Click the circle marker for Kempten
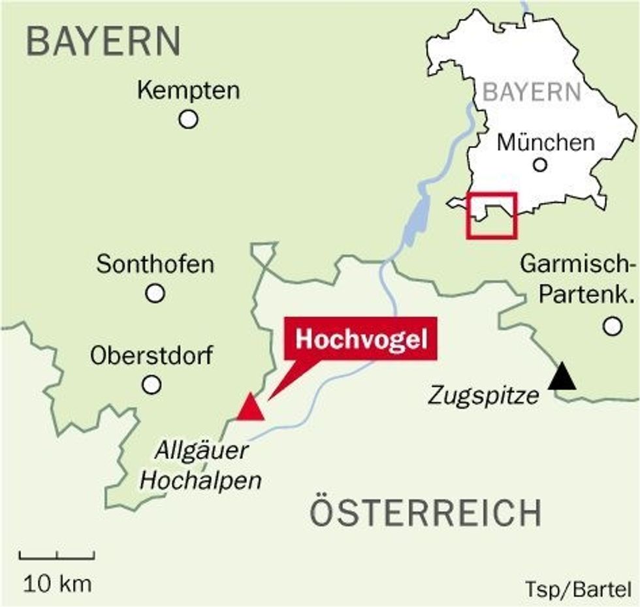tap(188, 119)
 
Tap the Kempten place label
tap(188, 91)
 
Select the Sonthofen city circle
tap(155, 293)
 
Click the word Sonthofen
tap(155, 265)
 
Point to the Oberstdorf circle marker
tap(152, 384)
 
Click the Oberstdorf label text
tap(152, 356)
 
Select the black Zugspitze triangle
tap(562, 378)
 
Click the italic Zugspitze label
tap(484, 395)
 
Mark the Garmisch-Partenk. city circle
tap(611, 326)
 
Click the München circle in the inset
tap(539, 164)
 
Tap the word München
tap(545, 142)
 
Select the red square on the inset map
tap(492, 215)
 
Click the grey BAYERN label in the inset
tap(532, 92)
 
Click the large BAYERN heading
tap(103, 40)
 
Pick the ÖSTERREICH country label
tap(425, 512)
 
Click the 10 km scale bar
tap(57, 555)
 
